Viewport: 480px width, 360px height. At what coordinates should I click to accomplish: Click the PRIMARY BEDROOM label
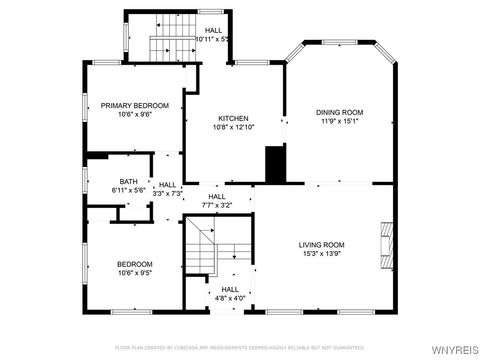click(135, 105)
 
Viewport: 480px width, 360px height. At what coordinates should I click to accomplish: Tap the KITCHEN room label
click(234, 118)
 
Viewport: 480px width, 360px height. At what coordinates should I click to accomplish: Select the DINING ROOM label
click(340, 112)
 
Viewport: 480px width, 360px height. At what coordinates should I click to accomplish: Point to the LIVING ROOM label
click(321, 245)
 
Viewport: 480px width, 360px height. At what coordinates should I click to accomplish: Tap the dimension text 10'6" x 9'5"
click(135, 272)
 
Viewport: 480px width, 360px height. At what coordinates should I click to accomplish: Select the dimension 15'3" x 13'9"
click(321, 254)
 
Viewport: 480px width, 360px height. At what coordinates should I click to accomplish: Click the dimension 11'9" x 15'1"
click(340, 122)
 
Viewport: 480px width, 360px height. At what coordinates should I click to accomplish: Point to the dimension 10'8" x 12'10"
click(234, 127)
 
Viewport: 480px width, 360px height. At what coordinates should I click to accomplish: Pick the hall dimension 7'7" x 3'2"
click(218, 205)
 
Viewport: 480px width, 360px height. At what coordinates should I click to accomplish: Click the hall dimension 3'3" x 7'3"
click(168, 192)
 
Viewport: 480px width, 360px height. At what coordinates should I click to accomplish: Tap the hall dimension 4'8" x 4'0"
click(230, 298)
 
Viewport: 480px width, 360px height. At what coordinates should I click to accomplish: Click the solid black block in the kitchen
click(273, 164)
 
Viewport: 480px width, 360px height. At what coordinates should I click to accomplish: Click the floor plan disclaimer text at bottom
click(240, 347)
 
